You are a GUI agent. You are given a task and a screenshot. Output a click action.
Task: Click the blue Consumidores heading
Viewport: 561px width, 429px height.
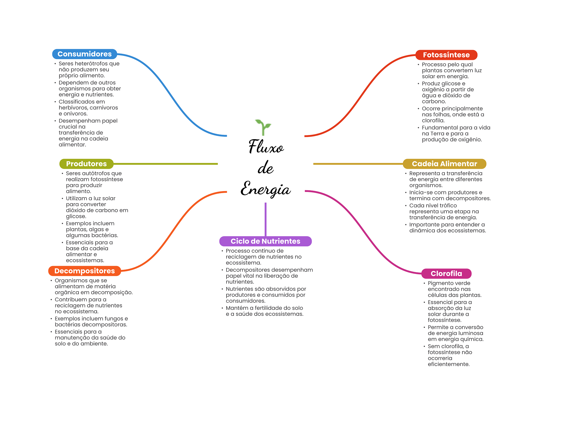tap(84, 54)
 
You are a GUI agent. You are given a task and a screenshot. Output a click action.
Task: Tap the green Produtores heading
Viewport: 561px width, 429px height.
tap(86, 164)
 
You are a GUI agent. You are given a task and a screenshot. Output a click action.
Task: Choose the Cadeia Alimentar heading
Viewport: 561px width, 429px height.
tap(444, 164)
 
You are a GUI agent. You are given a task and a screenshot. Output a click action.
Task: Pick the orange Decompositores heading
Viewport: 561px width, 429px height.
tap(84, 271)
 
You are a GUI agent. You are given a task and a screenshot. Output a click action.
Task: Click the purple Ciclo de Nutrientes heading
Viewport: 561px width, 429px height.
tap(265, 241)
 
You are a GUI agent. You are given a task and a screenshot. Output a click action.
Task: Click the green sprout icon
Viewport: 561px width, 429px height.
tap(263, 127)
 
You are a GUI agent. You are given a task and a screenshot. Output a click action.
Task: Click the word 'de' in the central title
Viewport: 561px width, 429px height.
tap(265, 168)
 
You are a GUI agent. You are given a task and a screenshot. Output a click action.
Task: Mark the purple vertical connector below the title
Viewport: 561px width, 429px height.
tap(265, 219)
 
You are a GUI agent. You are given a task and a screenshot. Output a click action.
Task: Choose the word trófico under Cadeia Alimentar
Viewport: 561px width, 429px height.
tap(447, 206)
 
